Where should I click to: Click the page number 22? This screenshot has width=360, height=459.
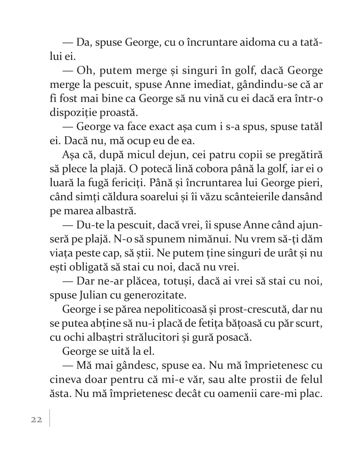tap(37, 419)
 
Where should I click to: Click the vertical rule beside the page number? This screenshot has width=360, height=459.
tap(49, 418)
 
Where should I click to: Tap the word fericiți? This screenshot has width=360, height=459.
tap(125, 183)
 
